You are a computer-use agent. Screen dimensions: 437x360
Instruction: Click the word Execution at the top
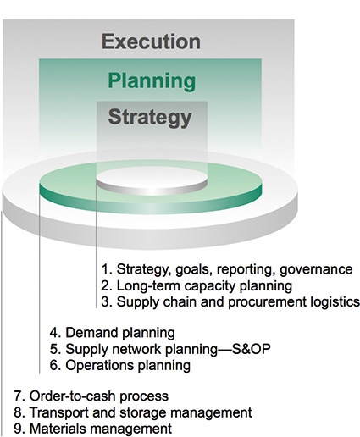(x=151, y=42)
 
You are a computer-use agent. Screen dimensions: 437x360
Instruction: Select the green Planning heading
(x=151, y=81)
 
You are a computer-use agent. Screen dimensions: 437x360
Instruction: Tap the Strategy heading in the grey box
(x=151, y=117)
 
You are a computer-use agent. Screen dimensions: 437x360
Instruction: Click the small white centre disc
(x=151, y=181)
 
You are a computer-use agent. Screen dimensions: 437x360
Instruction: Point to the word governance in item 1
(x=318, y=269)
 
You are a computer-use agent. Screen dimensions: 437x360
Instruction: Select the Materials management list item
(x=92, y=429)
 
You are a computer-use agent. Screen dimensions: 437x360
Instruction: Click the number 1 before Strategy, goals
(x=103, y=269)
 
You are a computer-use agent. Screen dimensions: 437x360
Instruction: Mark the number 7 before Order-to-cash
(x=18, y=396)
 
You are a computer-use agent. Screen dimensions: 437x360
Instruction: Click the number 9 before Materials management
(x=18, y=429)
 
